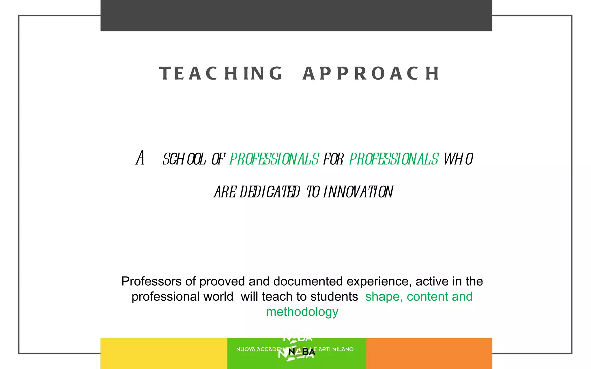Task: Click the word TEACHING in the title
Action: [221, 73]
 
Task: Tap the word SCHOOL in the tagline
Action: [184, 159]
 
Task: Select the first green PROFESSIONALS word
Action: [274, 159]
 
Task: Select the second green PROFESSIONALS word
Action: [394, 159]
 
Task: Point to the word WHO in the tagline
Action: [458, 159]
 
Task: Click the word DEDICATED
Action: [270, 192]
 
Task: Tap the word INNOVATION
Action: [358, 192]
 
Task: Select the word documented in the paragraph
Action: [308, 281]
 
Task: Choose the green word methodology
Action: [302, 312]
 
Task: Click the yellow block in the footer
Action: [164, 353]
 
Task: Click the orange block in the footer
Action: [429, 353]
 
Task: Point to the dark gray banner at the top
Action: [296, 15]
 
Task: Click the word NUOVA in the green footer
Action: [246, 349]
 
